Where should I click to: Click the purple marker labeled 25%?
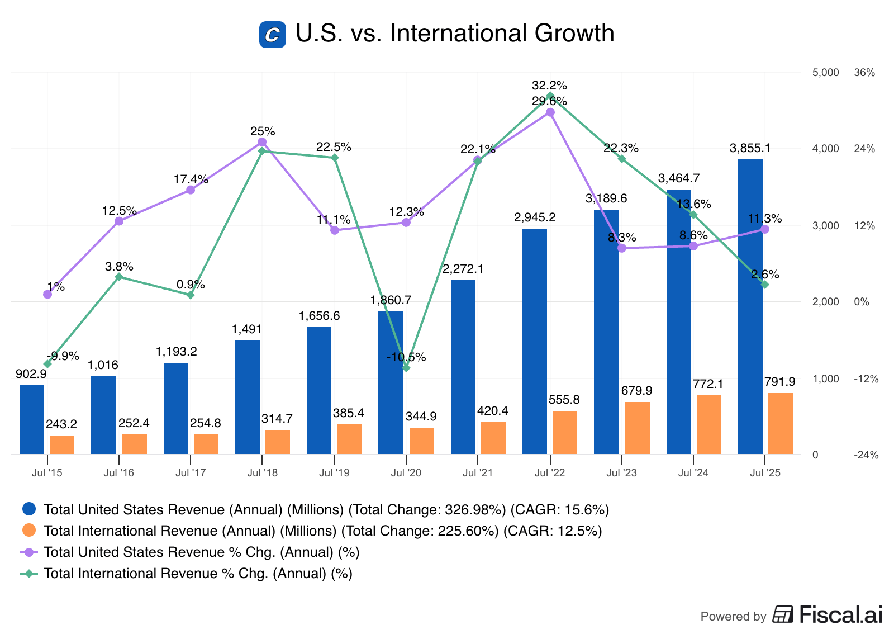point(262,142)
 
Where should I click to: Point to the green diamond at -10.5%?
point(406,368)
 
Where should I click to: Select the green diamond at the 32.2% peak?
point(550,96)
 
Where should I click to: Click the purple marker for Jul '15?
point(47,294)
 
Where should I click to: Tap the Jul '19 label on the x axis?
point(334,473)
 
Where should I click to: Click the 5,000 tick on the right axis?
point(825,73)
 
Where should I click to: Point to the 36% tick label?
point(864,73)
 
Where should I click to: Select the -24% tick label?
point(866,455)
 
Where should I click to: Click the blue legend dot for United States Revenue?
point(29,509)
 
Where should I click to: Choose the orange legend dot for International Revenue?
point(29,530)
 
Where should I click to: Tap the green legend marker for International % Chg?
point(29,573)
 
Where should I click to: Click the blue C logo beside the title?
point(273,35)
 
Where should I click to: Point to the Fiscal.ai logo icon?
point(783,614)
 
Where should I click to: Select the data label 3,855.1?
point(750,148)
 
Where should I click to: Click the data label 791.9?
point(779,382)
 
